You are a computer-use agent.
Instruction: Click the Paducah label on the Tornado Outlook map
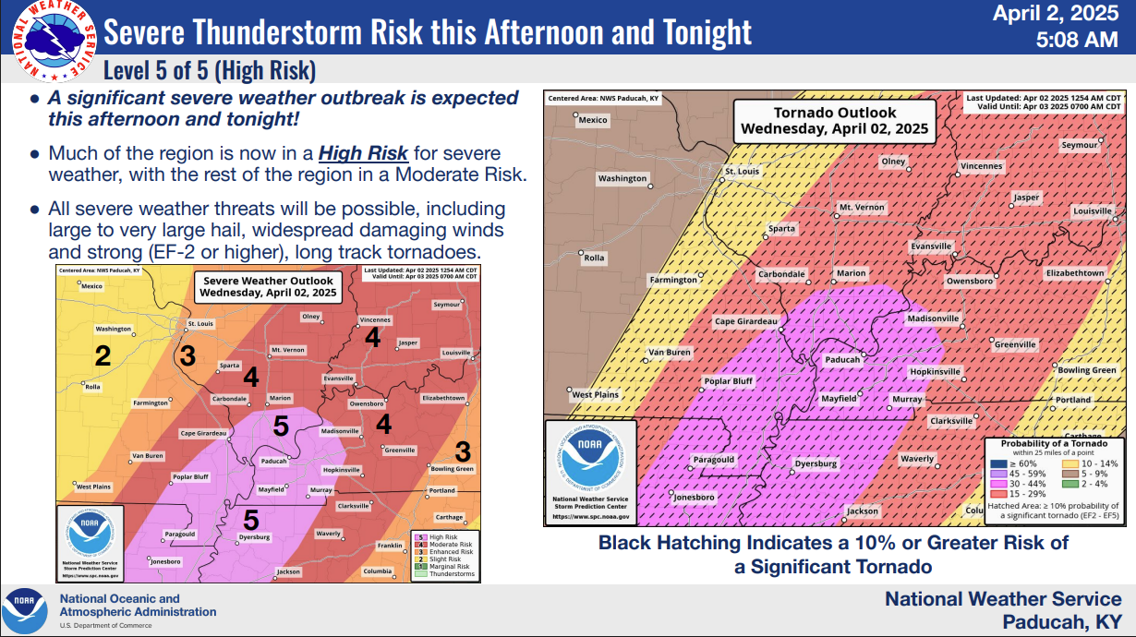842,360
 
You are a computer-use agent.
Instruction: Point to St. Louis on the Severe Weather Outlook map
200,324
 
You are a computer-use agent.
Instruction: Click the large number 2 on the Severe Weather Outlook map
103,355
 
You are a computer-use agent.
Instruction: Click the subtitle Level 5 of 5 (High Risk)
210,70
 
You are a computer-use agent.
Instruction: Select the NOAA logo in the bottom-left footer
23,610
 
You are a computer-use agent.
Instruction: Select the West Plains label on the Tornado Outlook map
595,395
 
